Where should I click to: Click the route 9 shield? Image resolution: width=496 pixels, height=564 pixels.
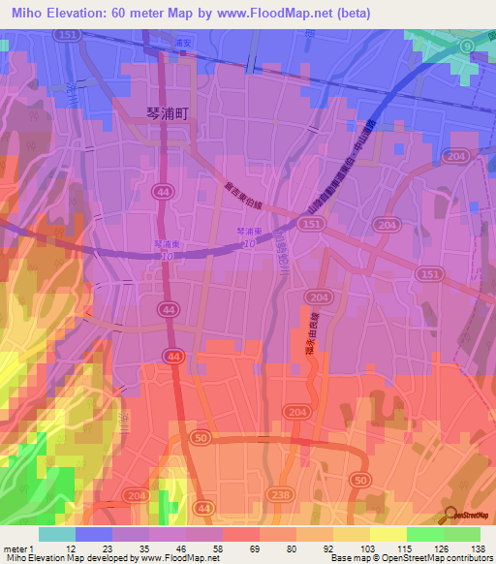[x=466, y=46]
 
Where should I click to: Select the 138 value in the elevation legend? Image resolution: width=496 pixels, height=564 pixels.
[x=477, y=548]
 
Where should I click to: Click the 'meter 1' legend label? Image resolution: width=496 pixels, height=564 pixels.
[x=19, y=548]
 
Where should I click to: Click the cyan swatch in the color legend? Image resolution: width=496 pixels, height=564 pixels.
[x=56, y=534]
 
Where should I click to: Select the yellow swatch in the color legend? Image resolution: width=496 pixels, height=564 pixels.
[x=387, y=534]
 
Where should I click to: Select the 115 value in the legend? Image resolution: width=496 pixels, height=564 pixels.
[x=403, y=548]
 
